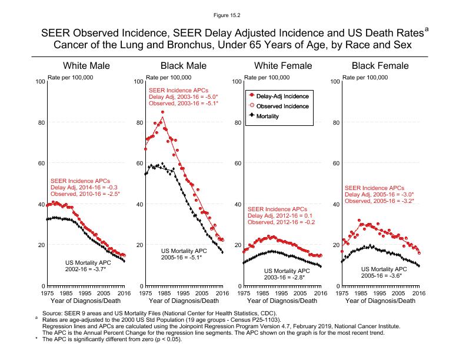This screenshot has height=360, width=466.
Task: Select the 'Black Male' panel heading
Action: coord(184,65)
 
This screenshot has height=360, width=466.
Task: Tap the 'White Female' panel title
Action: coord(282,65)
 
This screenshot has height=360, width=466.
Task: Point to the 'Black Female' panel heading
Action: coord(380,65)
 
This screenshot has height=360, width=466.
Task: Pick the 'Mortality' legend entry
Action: coord(268,116)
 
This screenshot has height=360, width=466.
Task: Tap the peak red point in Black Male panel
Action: coord(162,112)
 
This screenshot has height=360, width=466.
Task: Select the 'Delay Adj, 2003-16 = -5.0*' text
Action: coord(183,96)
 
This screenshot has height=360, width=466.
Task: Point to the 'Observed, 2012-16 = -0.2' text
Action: coord(281,222)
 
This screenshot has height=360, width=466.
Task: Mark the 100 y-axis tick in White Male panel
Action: coord(41,81)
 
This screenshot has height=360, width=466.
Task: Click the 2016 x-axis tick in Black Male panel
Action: coord(221,292)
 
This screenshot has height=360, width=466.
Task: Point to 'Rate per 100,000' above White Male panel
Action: coord(70,78)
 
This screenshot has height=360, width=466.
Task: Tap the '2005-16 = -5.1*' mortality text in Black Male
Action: coord(181,257)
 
